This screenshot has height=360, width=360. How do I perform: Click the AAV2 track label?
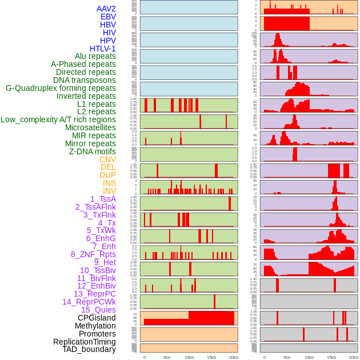pos(106,9)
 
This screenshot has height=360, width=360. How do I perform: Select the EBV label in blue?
pos(108,17)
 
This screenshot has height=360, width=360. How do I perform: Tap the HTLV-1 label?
pos(102,49)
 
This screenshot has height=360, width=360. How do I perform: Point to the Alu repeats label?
pos(95,56)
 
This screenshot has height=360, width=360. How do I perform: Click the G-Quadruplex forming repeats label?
pos(61,88)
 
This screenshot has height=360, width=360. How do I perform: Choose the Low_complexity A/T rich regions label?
pos(58,119)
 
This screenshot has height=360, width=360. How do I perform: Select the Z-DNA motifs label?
pos(92,151)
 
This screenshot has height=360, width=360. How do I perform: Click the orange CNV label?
pos(107,159)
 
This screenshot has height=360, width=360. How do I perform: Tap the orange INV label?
pos(109,191)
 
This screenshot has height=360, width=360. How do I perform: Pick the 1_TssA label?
pos(103,199)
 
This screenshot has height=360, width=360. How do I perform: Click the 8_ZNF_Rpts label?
pos(93,254)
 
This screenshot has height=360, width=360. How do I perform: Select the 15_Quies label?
pos(98,310)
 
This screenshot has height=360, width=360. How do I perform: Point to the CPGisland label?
pos(97,318)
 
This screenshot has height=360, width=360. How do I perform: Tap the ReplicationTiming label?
pos(85,342)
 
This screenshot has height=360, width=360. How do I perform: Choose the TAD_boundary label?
pos(89,349)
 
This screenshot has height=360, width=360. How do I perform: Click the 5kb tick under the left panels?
pos(167,357)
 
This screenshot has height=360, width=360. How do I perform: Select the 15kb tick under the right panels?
pos(331,357)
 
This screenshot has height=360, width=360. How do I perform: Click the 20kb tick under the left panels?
pos(234,357)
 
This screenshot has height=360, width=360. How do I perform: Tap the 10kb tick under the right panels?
pos(309,357)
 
